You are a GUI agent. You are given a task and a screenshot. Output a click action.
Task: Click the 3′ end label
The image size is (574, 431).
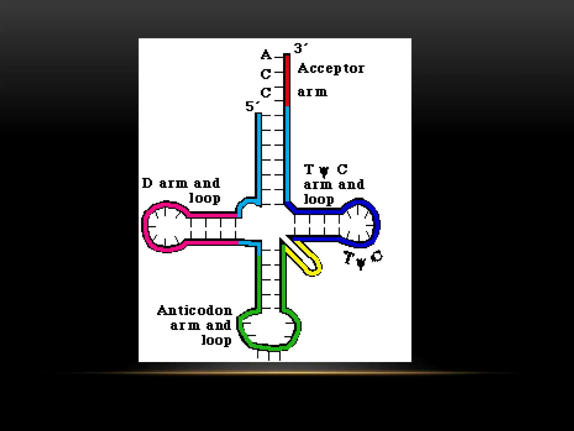point(300,48)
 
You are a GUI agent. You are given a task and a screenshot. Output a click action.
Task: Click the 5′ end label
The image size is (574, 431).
point(251,106)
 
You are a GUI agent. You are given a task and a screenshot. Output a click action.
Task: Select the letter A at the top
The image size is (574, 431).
point(266,54)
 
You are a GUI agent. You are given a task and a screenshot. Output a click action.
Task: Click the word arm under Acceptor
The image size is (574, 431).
point(312,92)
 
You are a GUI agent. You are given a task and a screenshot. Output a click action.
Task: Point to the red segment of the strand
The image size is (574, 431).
point(287,80)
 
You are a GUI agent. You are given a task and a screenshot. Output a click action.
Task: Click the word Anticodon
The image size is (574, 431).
point(195,311)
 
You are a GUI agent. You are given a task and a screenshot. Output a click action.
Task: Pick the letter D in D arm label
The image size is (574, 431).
point(147,183)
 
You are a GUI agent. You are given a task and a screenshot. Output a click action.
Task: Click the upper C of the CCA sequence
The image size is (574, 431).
point(266,74)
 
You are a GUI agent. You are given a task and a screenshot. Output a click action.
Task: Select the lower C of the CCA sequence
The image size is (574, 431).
point(266,93)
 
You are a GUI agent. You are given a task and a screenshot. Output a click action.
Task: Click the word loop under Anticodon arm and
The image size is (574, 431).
point(216,340)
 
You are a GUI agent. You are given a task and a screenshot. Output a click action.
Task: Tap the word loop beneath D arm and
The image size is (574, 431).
point(205,198)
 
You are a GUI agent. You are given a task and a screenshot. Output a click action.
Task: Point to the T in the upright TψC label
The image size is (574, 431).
point(309,169)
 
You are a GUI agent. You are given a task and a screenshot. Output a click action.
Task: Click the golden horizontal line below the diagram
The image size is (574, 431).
point(287,373)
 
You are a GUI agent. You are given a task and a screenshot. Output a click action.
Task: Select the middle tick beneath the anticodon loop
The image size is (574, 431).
point(269,356)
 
